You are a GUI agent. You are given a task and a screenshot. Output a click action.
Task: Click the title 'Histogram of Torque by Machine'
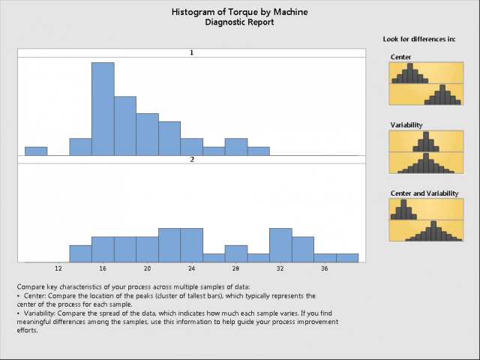pos(239,13)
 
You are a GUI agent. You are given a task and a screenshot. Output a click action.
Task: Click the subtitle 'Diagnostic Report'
pos(239,22)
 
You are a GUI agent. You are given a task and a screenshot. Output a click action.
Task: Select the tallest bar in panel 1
pos(103,109)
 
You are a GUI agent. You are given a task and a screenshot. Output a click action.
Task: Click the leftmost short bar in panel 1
pos(36,151)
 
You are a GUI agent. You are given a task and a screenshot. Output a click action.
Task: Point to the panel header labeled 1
pos(191,53)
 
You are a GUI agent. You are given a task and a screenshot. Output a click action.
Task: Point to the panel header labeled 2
pos(191,160)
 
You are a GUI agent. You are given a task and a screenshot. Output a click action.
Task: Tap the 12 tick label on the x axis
pos(58,268)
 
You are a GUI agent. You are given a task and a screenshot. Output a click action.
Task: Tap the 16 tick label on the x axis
pos(103,268)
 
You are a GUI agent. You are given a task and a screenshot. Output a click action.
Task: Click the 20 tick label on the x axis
pos(147,268)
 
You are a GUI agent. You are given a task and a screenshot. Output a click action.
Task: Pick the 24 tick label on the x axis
pos(191,268)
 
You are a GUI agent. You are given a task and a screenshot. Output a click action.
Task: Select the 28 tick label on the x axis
pos(235,268)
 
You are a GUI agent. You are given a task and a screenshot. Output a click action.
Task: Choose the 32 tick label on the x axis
pos(280,268)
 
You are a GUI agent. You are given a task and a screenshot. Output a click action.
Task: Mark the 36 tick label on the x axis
pos(324,268)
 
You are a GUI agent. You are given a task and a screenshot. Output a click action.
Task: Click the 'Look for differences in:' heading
pos(420,38)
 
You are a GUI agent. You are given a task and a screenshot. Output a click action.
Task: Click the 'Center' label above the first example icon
pos(401,56)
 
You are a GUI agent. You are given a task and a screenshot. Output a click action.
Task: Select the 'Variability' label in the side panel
pos(406,124)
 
